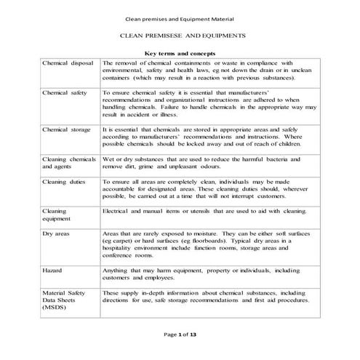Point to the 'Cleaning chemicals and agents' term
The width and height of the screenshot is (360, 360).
click(x=69, y=162)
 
